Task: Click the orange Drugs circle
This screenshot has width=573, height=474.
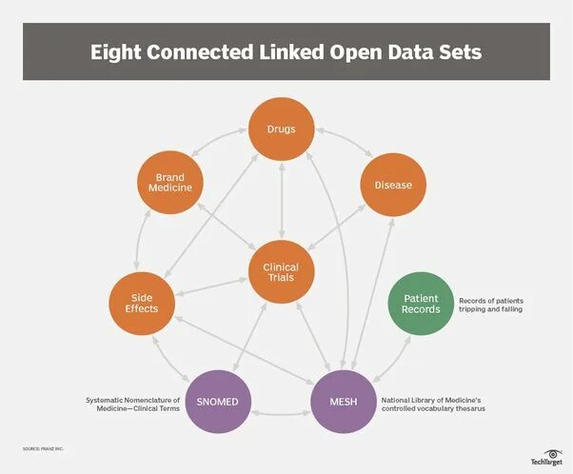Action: (282, 129)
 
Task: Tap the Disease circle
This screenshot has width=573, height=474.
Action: (392, 185)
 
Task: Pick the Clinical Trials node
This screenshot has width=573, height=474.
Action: (281, 274)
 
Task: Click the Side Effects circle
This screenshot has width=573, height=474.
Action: (141, 302)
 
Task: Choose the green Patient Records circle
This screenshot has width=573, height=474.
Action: (421, 304)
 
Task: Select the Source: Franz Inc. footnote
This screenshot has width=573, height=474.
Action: (44, 447)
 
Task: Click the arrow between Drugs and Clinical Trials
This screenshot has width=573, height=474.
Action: (282, 200)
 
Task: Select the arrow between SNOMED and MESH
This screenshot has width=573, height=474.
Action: (281, 414)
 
